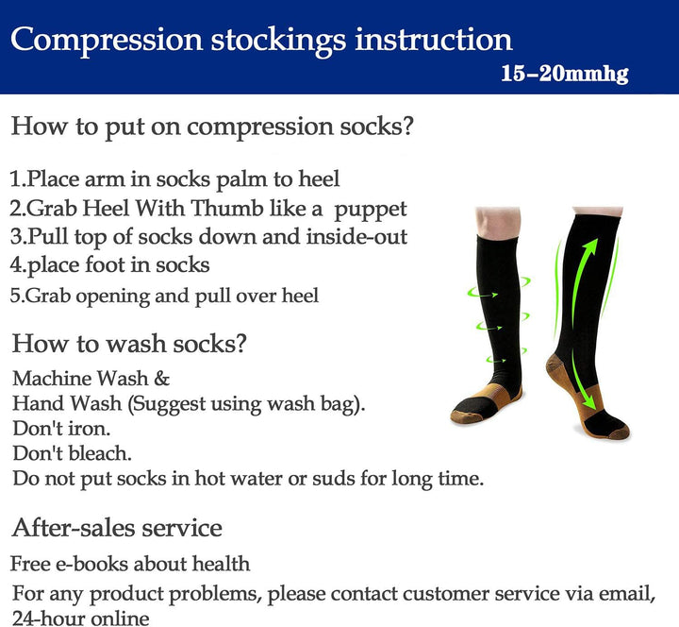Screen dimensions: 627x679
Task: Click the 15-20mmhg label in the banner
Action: click(564, 73)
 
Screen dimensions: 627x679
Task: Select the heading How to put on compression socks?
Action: click(212, 126)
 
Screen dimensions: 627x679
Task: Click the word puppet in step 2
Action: click(373, 208)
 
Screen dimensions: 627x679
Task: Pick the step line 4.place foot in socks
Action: click(109, 264)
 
